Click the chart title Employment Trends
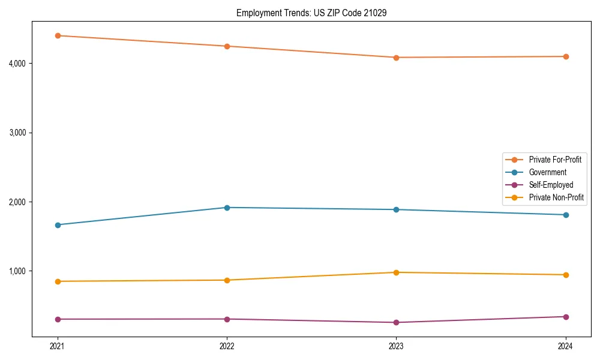311,13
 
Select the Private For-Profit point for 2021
58,35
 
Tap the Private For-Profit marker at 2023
396,58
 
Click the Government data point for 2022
227,208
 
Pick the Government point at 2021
58,225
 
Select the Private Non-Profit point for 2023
396,272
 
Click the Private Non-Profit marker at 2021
58,281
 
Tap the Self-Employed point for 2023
396,323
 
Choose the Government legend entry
547,172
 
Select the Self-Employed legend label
551,185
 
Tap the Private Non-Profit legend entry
556,197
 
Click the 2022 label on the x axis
227,346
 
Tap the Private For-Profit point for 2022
227,46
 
